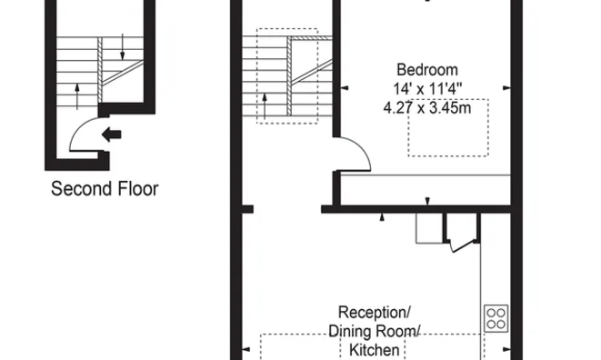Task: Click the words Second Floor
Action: point(105,189)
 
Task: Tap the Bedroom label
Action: point(426,70)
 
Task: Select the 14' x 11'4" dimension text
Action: point(426,89)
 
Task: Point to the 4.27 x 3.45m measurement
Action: point(426,107)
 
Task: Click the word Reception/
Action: point(375,313)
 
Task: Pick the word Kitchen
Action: point(374,350)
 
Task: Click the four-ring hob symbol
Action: point(496,317)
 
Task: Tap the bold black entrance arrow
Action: point(111,135)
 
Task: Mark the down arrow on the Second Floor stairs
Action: point(123,45)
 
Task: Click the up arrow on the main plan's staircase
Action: point(265,100)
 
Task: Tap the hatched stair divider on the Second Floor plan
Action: point(114,76)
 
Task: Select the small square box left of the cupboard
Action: point(428,228)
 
